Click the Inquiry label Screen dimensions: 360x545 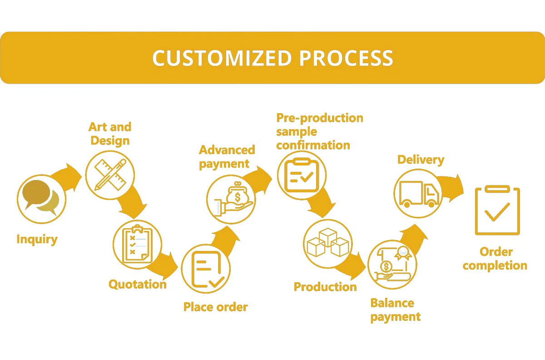[x=37, y=239]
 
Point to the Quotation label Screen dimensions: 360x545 [x=137, y=285]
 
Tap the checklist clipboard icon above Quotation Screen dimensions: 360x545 [x=137, y=243]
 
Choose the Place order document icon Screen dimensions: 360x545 [x=206, y=269]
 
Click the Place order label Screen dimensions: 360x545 [x=215, y=307]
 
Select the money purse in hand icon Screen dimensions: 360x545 [x=231, y=199]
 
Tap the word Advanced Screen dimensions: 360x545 [x=227, y=150]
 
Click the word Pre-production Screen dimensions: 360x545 [x=320, y=118]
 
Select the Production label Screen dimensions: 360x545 [x=325, y=287]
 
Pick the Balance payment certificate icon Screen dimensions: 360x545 [x=391, y=265]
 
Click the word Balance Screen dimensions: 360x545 [x=392, y=303]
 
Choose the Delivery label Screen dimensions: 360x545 [x=421, y=160]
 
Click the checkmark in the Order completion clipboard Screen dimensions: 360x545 [x=497, y=211]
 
